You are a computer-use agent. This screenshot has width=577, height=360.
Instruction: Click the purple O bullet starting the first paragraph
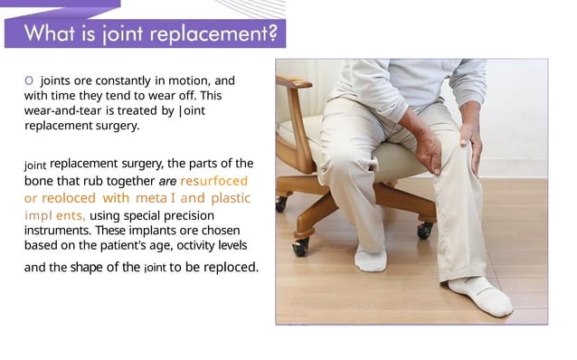point(29,81)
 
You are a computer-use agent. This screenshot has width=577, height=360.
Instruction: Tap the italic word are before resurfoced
point(167,180)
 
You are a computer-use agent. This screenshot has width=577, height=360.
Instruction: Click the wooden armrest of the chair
point(296,83)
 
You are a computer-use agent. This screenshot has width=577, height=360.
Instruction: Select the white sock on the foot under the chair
point(371,259)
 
